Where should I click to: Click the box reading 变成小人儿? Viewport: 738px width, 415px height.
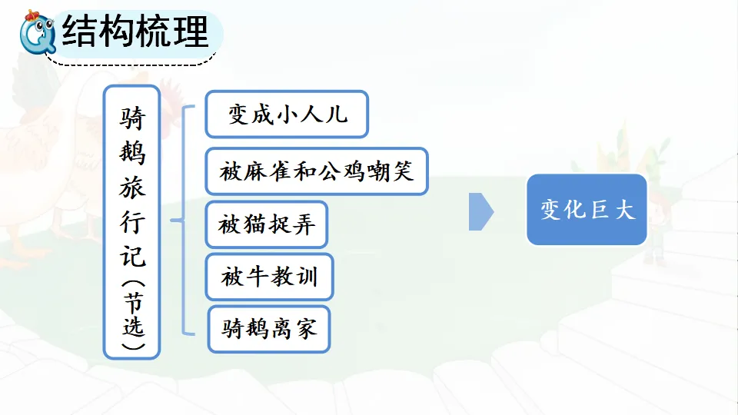pos(287,115)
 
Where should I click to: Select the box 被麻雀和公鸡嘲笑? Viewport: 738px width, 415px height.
pos(316,171)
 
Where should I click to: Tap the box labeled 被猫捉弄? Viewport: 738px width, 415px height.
pos(267,226)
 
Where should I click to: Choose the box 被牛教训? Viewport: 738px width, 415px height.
pos(269,277)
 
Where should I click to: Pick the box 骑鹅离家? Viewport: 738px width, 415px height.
pos(269,330)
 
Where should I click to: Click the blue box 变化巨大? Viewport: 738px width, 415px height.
pos(587,210)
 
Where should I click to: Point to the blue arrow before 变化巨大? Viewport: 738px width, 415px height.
pos(480,211)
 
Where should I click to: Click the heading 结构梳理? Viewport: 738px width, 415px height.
pos(135,32)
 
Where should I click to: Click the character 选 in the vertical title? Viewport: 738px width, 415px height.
pos(132,327)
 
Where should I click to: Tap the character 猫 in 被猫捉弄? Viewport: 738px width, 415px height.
pos(255,226)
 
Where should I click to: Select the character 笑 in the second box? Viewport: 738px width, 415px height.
pos(404,171)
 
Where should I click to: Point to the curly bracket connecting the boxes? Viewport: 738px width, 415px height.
pos(181,221)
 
